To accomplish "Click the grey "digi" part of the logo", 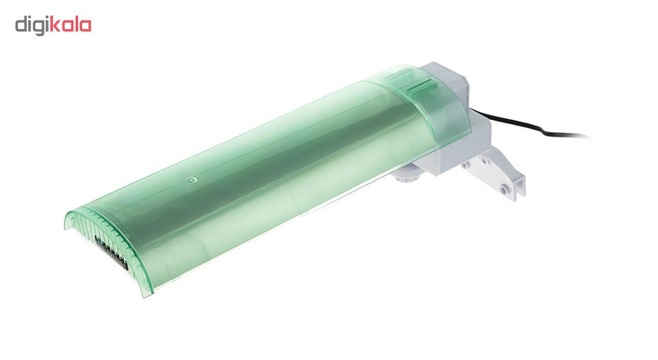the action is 32,25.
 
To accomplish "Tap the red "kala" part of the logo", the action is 71,25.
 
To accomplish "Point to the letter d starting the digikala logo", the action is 21,25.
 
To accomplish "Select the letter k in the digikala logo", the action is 55,25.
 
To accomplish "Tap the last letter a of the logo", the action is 86,26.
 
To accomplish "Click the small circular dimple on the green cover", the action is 192,180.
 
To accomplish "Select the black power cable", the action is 529,124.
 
